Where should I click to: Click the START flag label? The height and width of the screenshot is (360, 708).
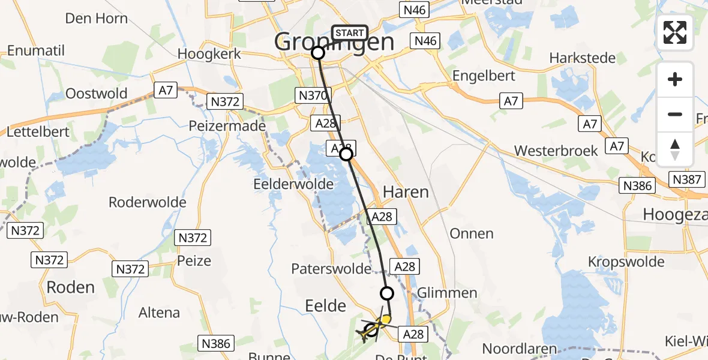(x=349, y=33)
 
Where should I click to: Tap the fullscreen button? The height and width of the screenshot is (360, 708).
(x=675, y=32)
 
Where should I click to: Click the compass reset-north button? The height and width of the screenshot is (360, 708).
(x=675, y=149)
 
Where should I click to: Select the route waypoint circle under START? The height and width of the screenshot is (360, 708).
(x=318, y=53)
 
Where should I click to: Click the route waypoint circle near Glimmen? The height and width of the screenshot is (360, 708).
(x=387, y=293)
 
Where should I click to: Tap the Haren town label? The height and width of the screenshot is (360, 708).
(x=406, y=192)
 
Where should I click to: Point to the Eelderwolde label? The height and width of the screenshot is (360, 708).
(x=293, y=184)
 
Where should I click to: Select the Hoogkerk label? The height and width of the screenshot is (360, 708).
(x=209, y=53)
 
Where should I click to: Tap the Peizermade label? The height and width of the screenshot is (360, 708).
(x=227, y=127)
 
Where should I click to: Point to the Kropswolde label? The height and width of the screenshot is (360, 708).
(x=626, y=262)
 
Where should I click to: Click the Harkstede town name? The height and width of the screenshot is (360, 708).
(x=583, y=58)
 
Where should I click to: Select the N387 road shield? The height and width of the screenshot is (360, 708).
(x=687, y=179)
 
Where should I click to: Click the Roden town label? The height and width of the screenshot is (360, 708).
(x=71, y=287)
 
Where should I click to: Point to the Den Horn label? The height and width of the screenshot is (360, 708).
(x=96, y=18)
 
